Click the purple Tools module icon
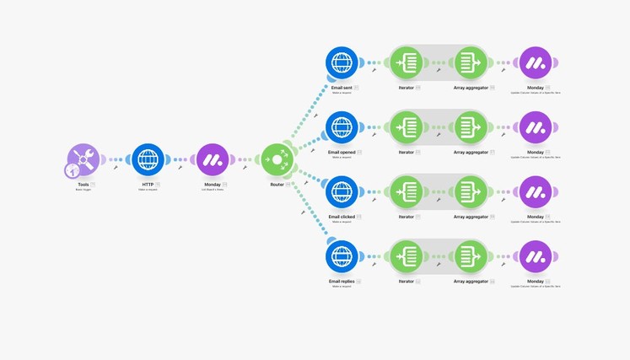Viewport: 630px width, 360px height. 83,159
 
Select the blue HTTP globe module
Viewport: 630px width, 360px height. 148,159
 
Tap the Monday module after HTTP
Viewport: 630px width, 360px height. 213,159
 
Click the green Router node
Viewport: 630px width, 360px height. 277,159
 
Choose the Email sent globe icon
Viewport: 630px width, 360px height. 342,62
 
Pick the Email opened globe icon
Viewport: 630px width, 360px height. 342,127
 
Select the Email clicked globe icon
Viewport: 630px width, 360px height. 342,191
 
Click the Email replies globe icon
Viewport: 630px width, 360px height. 342,256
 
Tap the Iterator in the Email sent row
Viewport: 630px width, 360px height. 407,62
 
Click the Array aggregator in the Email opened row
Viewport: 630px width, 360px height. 471,127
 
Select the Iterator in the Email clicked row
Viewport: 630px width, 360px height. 407,191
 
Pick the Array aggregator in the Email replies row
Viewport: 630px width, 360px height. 471,256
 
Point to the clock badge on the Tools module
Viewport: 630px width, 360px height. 72,170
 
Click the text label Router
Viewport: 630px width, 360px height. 276,184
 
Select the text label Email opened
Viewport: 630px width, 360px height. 342,152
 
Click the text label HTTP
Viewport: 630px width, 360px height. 148,184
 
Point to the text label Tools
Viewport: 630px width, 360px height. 83,184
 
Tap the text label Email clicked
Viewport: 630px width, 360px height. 342,217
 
